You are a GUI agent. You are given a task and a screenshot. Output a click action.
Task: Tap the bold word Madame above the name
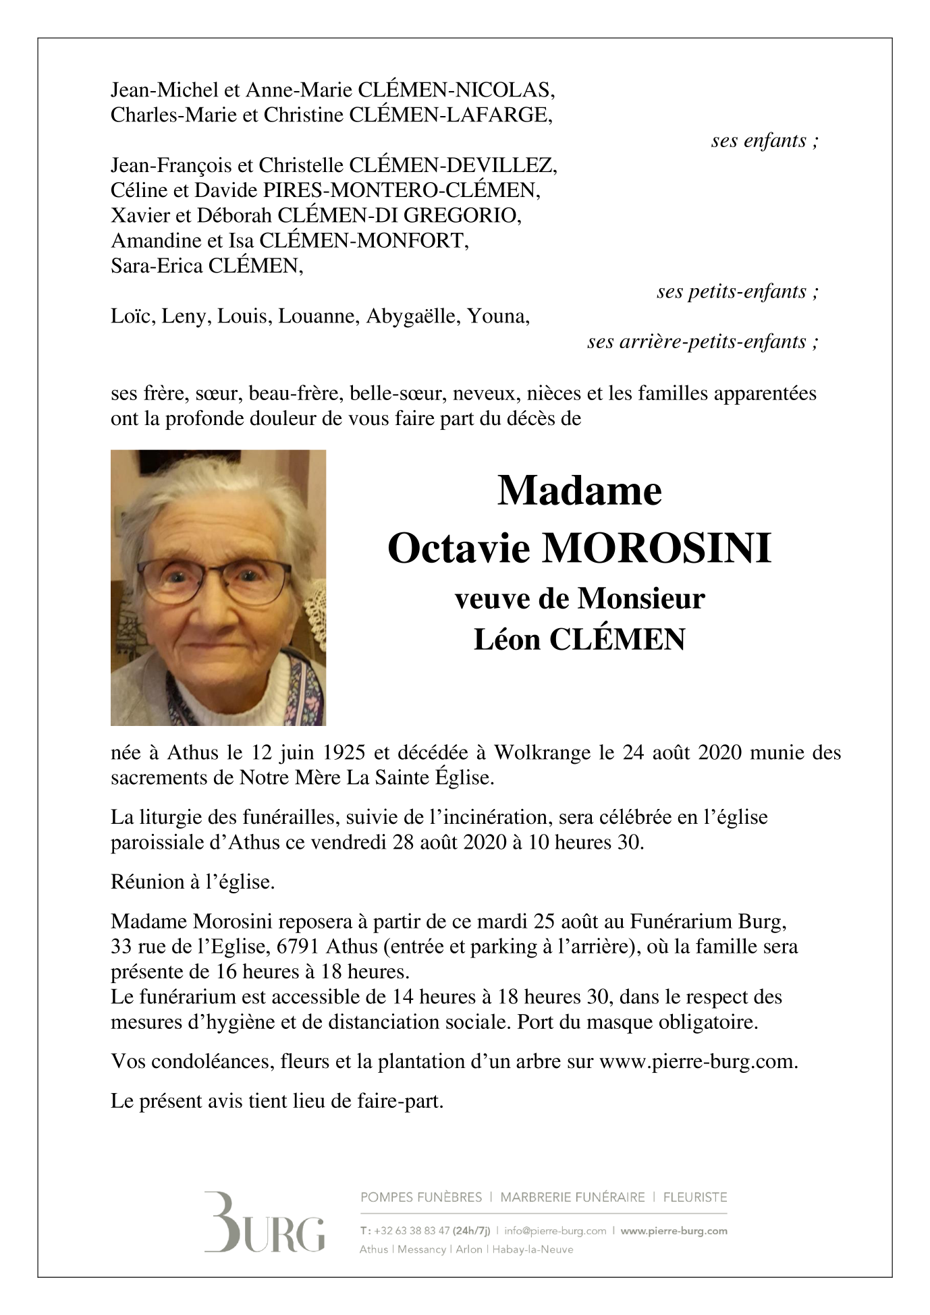click(x=579, y=491)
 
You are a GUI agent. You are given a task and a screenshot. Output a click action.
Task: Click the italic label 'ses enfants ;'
click(x=765, y=141)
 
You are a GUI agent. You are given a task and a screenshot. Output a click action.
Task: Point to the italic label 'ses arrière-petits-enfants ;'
click(x=703, y=342)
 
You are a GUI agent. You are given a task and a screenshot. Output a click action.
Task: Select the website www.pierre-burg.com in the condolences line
click(x=697, y=1062)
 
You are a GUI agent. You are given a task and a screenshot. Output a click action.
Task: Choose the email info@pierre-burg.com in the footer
click(x=555, y=1231)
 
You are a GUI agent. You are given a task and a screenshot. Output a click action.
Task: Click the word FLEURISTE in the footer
click(x=695, y=1198)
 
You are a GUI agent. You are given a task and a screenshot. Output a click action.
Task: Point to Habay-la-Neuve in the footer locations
click(x=532, y=1250)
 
